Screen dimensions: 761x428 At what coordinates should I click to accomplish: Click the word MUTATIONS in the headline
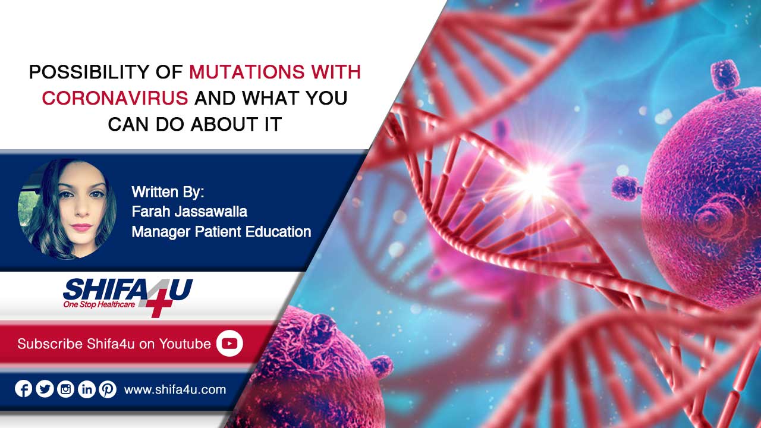[x=247, y=72]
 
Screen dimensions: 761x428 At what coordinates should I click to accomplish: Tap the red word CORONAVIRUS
[x=115, y=98]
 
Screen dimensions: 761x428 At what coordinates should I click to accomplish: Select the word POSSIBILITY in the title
[x=89, y=72]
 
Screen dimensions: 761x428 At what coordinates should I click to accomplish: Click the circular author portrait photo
[x=67, y=209]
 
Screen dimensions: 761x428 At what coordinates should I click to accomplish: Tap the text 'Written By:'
[x=168, y=192]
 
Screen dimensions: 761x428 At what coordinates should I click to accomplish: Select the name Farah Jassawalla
[x=189, y=212]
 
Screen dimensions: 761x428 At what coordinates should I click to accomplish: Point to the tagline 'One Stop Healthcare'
[x=99, y=304]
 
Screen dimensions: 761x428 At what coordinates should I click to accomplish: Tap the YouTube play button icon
[x=229, y=344]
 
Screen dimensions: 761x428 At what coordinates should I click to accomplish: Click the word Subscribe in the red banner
[x=50, y=344]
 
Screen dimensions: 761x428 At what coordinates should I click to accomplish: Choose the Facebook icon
[x=23, y=389]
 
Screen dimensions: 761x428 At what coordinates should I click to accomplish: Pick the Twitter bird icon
[x=45, y=389]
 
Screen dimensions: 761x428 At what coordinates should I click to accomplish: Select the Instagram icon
[x=65, y=389]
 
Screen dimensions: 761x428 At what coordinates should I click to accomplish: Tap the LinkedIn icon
[x=87, y=389]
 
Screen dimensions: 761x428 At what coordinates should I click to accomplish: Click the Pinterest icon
[x=108, y=389]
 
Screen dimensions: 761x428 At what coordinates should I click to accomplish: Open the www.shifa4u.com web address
[x=175, y=389]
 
